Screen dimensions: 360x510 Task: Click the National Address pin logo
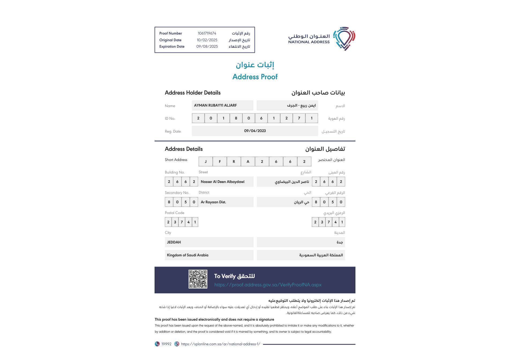344,39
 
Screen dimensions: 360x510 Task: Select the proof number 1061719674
207,33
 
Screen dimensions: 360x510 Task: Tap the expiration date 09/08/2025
207,47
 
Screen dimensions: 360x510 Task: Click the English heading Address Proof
255,77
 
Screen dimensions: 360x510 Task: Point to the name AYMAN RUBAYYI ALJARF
215,106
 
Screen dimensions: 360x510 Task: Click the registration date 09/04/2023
255,131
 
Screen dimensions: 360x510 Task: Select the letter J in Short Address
206,162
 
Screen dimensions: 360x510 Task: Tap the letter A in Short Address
248,162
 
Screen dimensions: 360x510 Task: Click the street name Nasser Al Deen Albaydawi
222,182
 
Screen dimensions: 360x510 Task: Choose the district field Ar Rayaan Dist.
213,202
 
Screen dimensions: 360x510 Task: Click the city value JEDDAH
174,242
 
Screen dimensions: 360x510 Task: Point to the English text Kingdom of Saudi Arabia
187,255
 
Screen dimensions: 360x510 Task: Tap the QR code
198,279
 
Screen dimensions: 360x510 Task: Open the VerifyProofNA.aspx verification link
268,285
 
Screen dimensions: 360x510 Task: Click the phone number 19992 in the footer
166,344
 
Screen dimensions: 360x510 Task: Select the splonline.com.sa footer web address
220,344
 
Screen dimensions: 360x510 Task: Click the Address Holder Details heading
193,93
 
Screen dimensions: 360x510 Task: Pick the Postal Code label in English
174,213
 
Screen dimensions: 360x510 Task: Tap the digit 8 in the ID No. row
236,118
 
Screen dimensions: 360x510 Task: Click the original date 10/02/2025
207,40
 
